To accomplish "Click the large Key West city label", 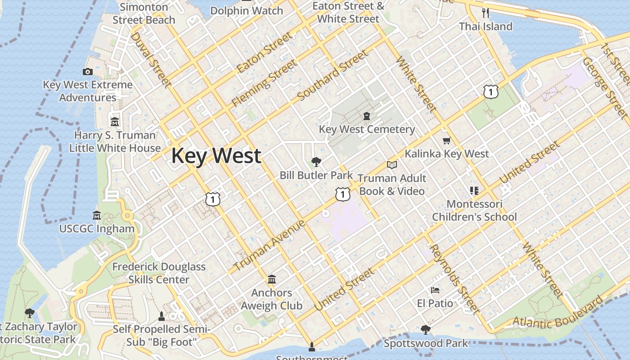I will (x=216, y=156).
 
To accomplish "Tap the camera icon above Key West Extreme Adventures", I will (x=88, y=72).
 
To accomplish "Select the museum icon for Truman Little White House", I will (x=114, y=121).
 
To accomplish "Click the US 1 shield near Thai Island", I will (x=491, y=92).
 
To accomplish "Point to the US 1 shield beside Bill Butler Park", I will (x=343, y=194).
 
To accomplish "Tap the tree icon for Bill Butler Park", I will (x=316, y=162).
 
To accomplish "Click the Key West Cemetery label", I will (x=367, y=130).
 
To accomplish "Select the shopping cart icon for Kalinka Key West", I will (x=446, y=141).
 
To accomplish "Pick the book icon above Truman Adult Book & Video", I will (x=392, y=165).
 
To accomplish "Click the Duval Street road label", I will (x=150, y=59).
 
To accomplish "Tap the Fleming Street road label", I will (x=264, y=84).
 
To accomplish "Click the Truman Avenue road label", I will (x=270, y=245).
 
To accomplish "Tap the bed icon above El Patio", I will (x=435, y=290).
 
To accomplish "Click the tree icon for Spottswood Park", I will (x=425, y=330).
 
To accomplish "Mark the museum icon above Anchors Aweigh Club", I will (x=271, y=280).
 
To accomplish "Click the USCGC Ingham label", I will (x=97, y=229).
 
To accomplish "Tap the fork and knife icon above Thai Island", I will (x=485, y=13).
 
